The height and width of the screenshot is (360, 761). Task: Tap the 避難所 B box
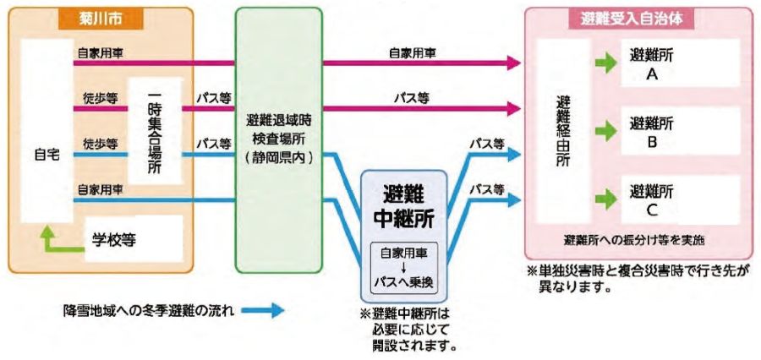[673, 132]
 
